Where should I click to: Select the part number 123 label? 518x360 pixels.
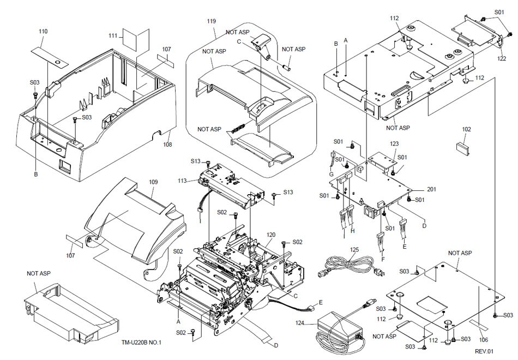(x=394, y=143)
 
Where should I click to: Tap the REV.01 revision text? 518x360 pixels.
(x=484, y=352)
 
